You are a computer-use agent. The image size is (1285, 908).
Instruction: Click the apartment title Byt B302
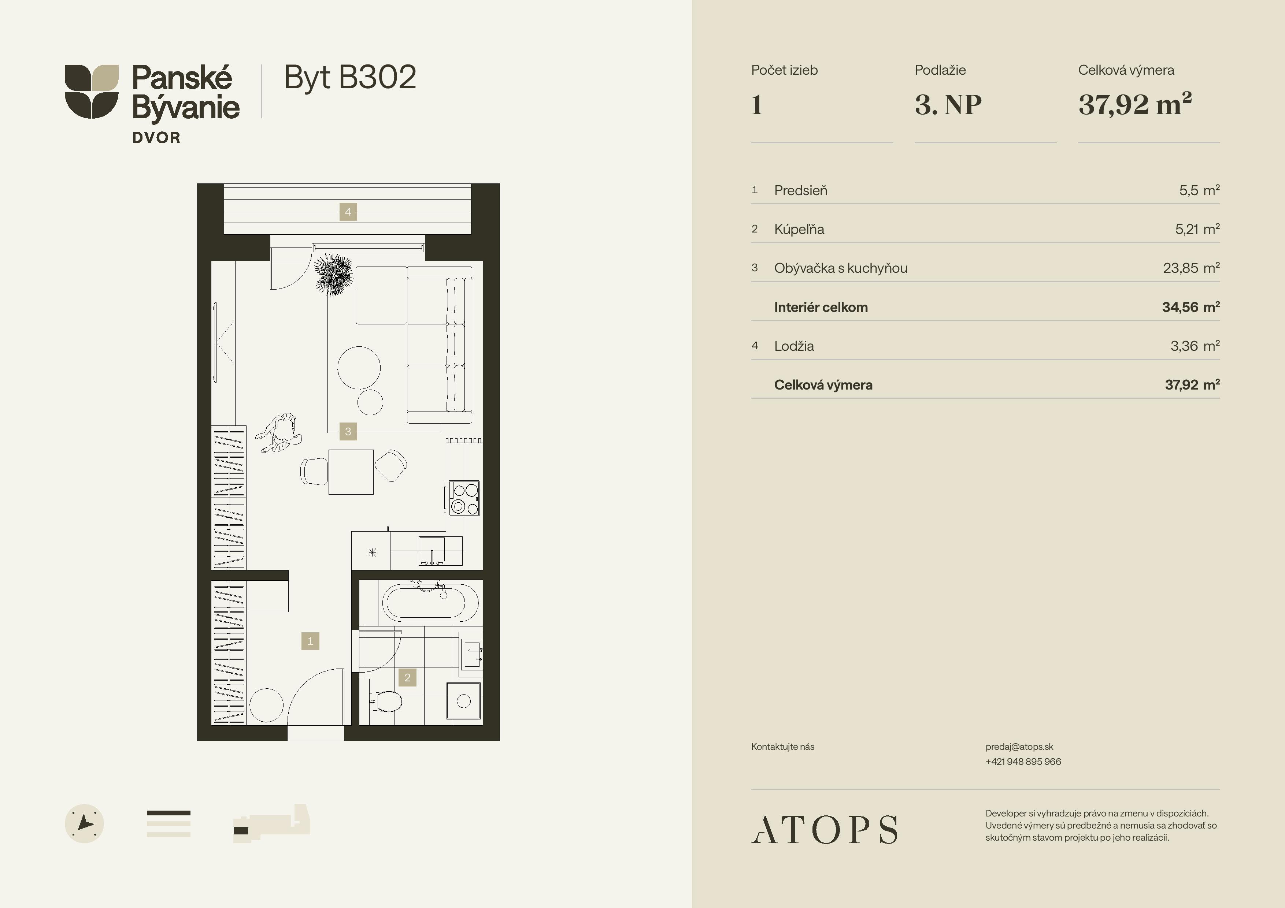pos(350,78)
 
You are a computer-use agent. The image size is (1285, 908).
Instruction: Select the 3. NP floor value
pos(948,105)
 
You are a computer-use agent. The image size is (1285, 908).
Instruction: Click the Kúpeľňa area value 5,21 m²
pos(1197,229)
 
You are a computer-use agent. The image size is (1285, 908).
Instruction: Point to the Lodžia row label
pos(794,346)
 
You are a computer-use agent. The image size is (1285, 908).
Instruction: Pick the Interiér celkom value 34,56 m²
pos(1191,307)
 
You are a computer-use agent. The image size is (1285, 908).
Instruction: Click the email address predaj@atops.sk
pos(1019,747)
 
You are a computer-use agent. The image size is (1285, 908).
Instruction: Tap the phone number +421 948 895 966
pos(1023,762)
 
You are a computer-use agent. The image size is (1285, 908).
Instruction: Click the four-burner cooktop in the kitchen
pos(464,498)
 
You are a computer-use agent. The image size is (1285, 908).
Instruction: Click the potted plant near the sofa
pos(334,274)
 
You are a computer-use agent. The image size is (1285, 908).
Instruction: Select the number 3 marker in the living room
pos(348,431)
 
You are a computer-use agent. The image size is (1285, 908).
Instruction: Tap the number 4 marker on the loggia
pos(348,212)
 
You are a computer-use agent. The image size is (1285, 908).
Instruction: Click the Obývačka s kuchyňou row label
pos(841,268)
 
